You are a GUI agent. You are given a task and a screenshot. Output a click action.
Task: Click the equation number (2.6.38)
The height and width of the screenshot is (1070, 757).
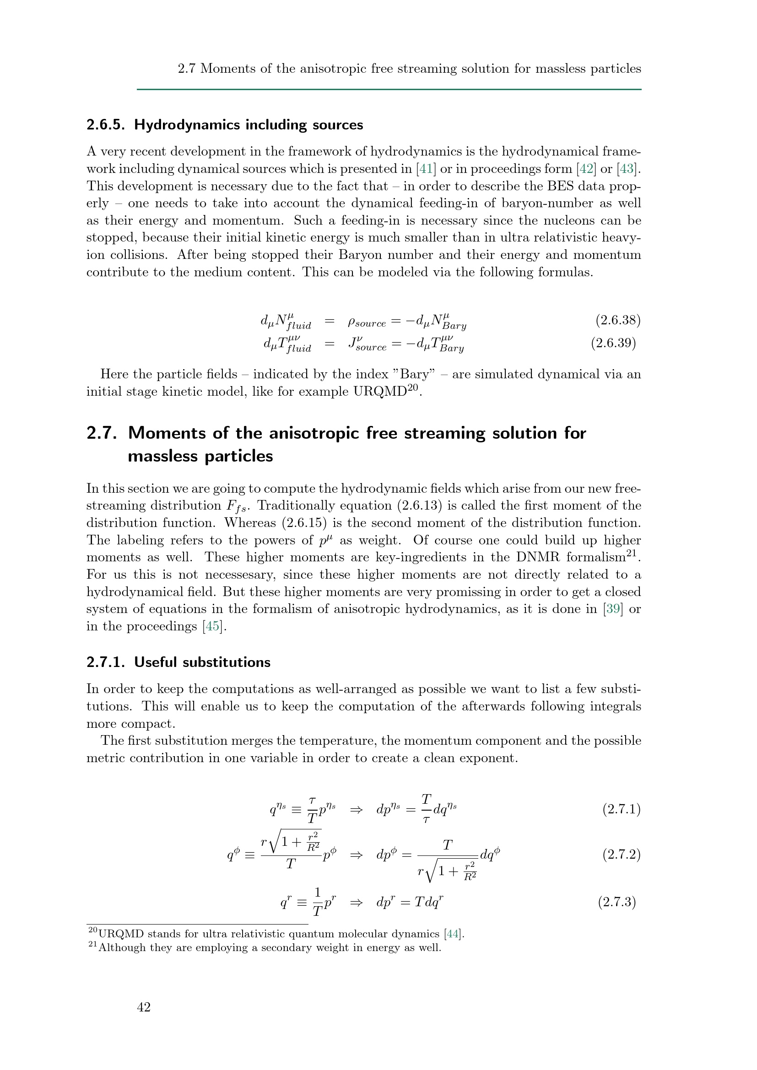[617, 320]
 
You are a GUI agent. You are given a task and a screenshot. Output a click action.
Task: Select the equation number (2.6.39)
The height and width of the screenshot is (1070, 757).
[613, 343]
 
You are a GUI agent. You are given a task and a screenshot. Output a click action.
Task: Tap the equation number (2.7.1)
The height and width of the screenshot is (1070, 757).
[622, 810]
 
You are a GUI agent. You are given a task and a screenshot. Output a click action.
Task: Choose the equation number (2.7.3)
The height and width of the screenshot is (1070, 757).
[617, 902]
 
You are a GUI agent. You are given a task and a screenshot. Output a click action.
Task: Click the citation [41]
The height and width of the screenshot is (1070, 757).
[426, 169]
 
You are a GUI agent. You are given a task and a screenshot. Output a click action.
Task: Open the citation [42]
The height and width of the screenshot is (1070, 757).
[586, 169]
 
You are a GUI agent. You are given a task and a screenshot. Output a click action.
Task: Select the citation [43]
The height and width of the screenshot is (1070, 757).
[627, 169]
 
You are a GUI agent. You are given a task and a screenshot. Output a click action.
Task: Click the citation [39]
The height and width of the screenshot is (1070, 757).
[612, 609]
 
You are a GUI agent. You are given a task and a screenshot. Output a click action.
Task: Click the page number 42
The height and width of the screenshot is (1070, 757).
[144, 1007]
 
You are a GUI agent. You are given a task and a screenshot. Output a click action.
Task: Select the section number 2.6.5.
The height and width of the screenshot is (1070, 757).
[106, 125]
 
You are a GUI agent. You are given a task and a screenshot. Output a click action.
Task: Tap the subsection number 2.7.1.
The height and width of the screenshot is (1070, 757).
[106, 662]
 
